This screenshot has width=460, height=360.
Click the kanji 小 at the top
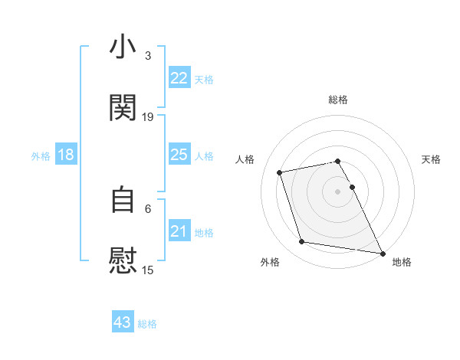point(123,47)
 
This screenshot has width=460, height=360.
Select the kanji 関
point(123,108)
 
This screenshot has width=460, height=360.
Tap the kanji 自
point(123,200)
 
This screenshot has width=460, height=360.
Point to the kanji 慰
point(123,260)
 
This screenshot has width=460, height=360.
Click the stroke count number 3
point(148,56)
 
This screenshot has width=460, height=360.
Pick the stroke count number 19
point(148,116)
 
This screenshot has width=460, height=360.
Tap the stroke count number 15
point(148,270)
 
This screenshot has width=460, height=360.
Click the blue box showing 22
point(179,78)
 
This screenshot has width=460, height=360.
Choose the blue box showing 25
point(179,155)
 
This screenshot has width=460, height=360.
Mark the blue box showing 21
point(179,231)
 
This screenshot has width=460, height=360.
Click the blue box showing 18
point(66,155)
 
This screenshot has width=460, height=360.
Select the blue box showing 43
point(123,322)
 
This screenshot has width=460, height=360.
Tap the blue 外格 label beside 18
point(41,155)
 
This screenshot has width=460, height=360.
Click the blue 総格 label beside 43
point(147,324)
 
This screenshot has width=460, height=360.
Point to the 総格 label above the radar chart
point(338,100)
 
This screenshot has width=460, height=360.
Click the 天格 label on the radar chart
point(432,159)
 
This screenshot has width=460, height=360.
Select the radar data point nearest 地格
point(382,253)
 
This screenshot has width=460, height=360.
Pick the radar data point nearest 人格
point(280,172)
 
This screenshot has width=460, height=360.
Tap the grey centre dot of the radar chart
point(338,191)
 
